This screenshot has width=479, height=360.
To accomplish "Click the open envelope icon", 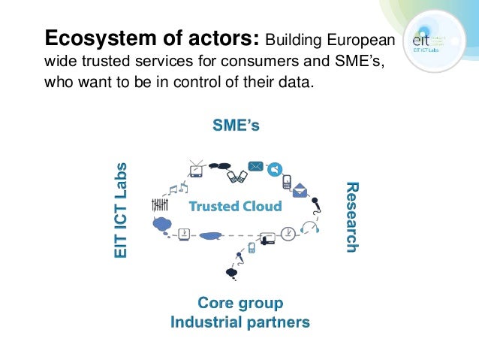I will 300,190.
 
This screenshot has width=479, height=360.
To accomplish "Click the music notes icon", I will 176,189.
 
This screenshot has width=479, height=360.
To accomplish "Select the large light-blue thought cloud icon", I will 163,223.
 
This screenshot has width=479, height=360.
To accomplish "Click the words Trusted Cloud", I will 235,206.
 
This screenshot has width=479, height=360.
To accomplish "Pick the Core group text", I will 240,304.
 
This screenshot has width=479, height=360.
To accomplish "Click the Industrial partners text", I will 240,322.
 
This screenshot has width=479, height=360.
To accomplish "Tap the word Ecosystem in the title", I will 86,37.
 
